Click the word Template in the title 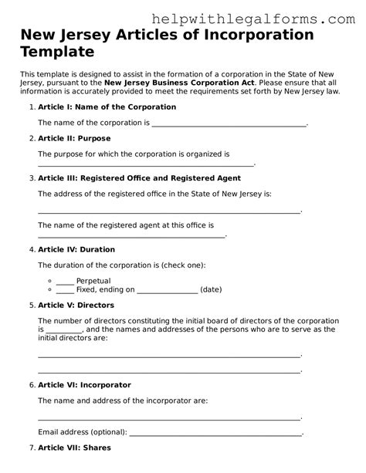click(x=59, y=53)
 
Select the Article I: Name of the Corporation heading click(x=93, y=106)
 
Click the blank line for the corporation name click(x=229, y=123)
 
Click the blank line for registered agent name click(x=131, y=235)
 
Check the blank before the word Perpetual click(x=65, y=281)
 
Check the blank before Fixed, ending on click(x=65, y=290)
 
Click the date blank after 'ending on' click(x=167, y=291)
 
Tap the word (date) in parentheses click(x=211, y=290)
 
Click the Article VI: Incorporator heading click(x=84, y=384)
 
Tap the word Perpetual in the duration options click(x=93, y=281)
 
